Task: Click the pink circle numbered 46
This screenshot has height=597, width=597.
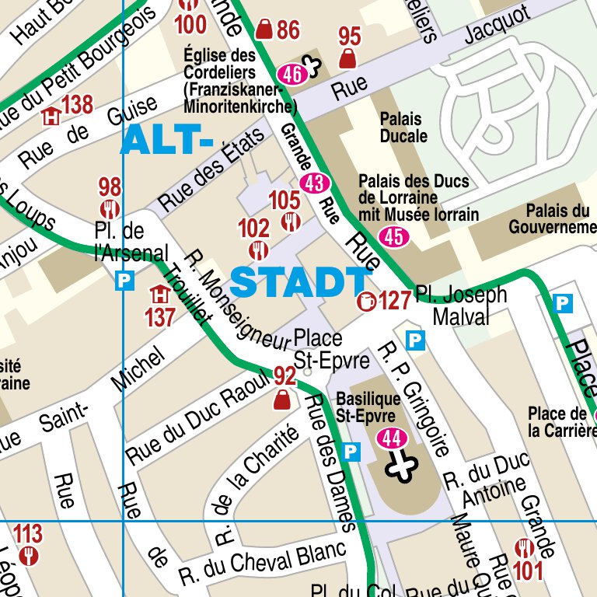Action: (292, 74)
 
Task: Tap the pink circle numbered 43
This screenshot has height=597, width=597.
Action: (315, 184)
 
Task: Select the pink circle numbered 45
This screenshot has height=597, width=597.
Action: (393, 236)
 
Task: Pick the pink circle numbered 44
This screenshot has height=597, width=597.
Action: (392, 438)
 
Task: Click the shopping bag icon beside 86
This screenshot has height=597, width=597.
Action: (264, 30)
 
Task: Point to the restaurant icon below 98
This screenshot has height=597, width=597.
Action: (109, 208)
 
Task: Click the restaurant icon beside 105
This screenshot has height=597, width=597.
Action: (292, 222)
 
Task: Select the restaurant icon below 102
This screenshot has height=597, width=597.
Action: (258, 250)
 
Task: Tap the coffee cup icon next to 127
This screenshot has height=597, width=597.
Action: (365, 301)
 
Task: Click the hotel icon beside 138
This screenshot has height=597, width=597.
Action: (51, 117)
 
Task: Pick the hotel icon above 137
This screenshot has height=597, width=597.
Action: (160, 295)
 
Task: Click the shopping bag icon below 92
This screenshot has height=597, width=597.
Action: (283, 400)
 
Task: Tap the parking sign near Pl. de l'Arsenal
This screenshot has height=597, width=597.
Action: (124, 281)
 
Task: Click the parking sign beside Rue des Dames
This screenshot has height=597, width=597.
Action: (351, 451)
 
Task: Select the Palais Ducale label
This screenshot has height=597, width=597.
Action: (403, 127)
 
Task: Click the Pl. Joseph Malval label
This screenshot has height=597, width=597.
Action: (460, 305)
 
